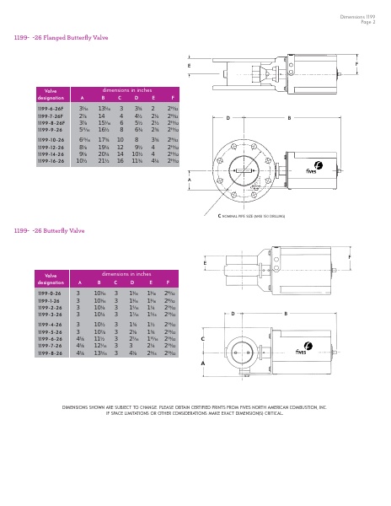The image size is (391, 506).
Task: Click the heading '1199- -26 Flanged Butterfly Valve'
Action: click(x=61, y=38)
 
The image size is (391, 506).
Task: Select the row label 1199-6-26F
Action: click(x=51, y=109)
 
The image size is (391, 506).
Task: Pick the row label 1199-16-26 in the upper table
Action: click(x=51, y=161)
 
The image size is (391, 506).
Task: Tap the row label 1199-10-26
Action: click(x=51, y=140)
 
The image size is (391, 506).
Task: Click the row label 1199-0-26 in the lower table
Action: click(x=49, y=293)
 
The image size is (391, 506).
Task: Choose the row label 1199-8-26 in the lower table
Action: click(x=49, y=353)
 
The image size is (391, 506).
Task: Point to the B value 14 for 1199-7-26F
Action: click(x=102, y=116)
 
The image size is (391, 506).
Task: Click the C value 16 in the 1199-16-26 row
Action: click(x=121, y=161)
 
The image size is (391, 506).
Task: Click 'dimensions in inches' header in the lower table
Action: click(x=126, y=274)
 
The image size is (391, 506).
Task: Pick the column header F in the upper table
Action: click(x=172, y=98)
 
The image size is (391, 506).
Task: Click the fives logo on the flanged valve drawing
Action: click(x=317, y=168)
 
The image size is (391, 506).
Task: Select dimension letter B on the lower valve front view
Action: click(x=285, y=314)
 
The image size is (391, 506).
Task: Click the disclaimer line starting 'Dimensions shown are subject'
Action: click(x=195, y=407)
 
